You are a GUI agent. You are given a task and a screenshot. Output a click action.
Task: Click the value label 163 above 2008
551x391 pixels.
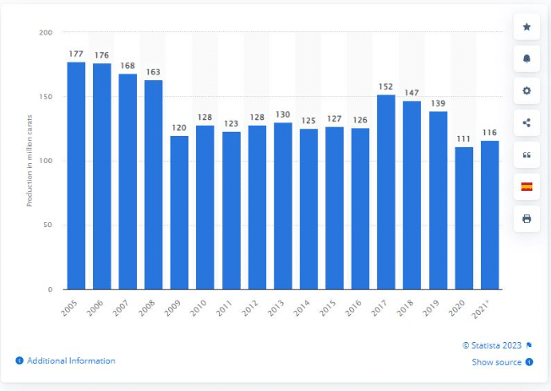coord(153,72)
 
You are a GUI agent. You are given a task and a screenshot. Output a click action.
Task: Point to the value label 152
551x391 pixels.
coord(385,86)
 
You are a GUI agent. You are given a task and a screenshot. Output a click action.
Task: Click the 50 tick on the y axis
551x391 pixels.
coord(47,225)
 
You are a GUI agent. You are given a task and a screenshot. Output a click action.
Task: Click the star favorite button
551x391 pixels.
coord(526,27)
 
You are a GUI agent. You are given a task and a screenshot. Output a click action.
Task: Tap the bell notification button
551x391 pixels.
coord(526,59)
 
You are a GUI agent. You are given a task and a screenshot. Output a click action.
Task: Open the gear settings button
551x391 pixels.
coord(526,91)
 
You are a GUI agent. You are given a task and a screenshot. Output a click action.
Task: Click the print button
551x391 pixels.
coord(526,219)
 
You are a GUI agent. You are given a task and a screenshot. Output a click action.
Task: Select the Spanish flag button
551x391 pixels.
coord(526,187)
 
